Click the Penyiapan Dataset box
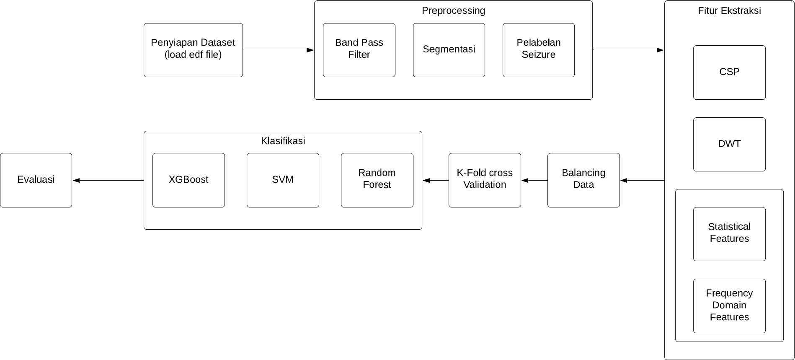coord(193,50)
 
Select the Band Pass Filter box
coord(359,50)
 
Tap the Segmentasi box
coord(449,50)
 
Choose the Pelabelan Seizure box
coord(538,50)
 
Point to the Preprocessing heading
coord(453,10)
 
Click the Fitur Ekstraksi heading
coord(729,10)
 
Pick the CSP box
coord(729,72)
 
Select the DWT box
coord(729,144)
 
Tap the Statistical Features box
coord(729,234)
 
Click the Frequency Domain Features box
coord(729,306)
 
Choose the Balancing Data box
coord(583,180)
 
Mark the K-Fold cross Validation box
coord(485,180)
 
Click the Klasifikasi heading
coord(283,141)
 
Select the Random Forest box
coord(377,180)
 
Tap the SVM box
coord(283,180)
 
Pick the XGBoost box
coord(188,180)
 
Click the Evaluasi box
coord(36,180)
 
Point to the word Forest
coord(377,185)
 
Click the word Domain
coord(729,305)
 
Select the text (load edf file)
coord(193,55)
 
